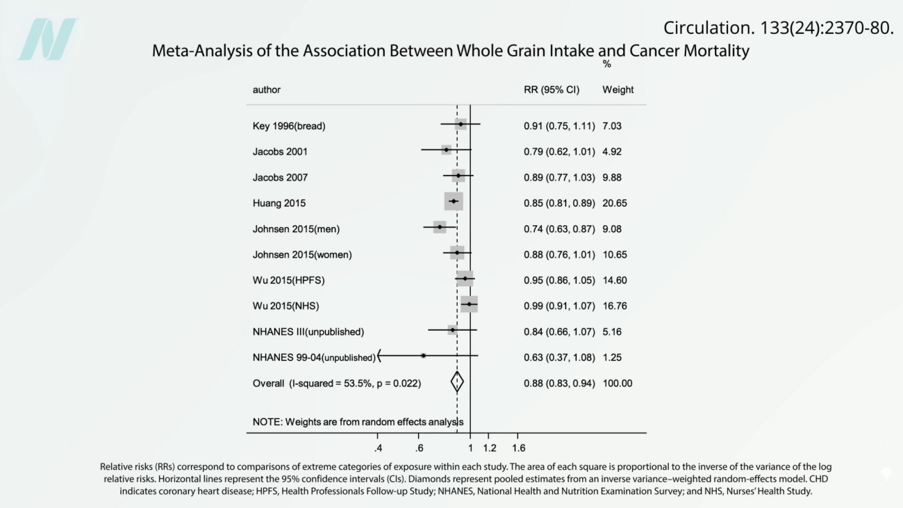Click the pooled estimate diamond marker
point(457,382)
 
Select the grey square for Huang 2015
point(454,202)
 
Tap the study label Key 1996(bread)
point(289,126)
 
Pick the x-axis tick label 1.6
point(518,448)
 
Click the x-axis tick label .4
point(378,448)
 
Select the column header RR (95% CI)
point(552,90)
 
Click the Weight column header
point(618,90)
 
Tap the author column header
point(267,90)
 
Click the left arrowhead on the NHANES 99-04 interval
point(379,356)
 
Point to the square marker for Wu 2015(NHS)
point(469,304)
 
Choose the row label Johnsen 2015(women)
point(302,254)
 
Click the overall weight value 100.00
point(618,383)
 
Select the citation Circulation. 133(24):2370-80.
point(778,28)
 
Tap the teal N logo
point(47,39)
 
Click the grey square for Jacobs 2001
point(446,150)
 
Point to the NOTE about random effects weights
point(358,421)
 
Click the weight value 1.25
point(612,357)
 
